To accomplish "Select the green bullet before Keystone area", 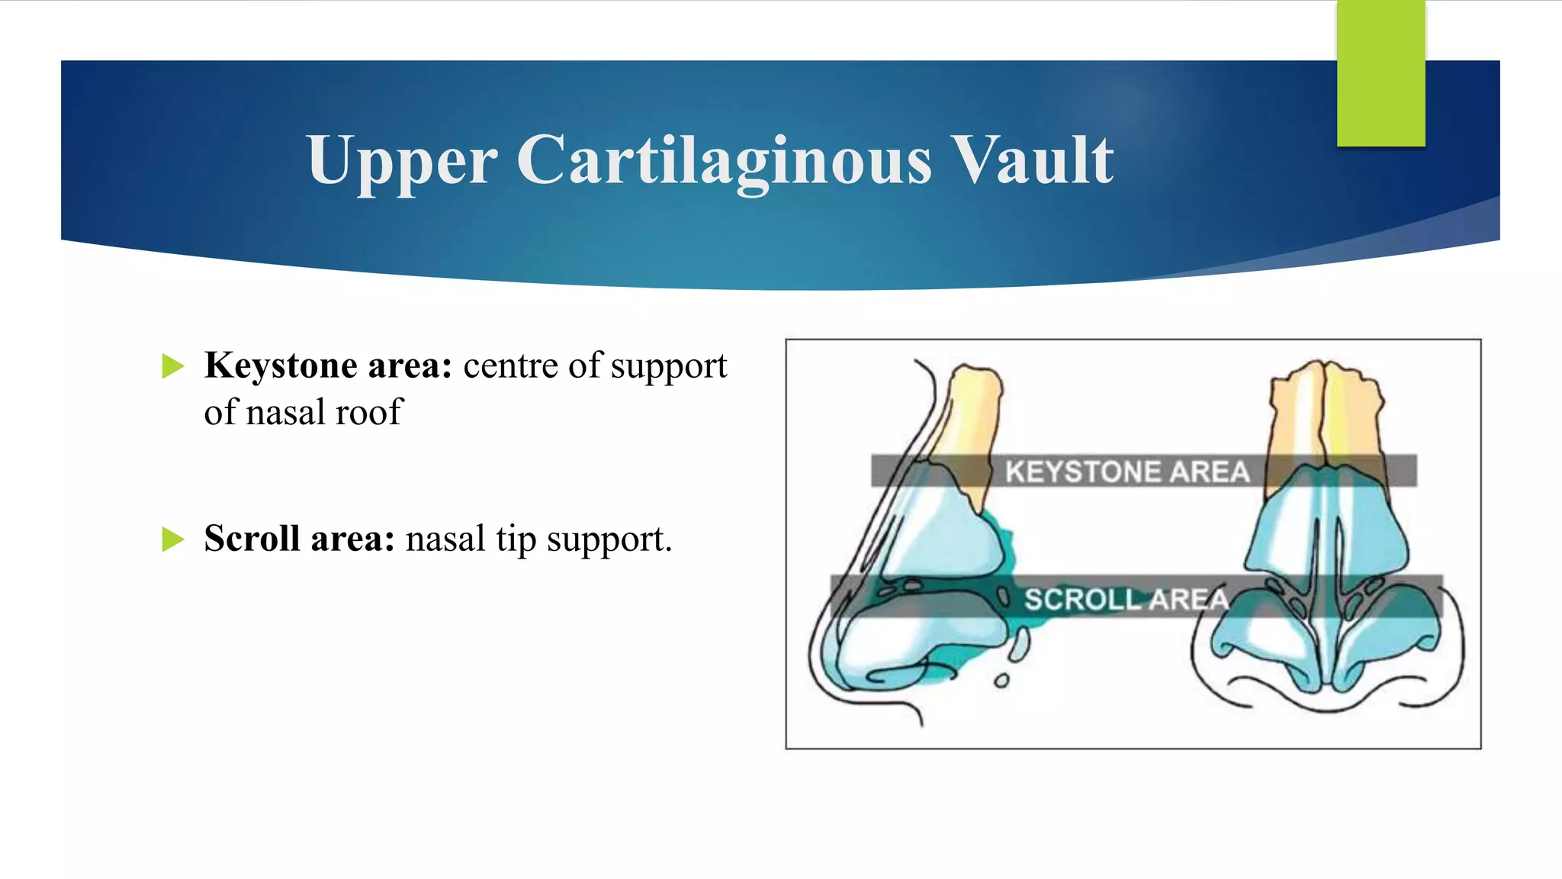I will pos(173,366).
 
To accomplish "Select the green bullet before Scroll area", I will pos(173,539).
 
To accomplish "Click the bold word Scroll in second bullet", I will pos(252,539).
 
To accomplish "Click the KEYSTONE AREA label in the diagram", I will pos(1127,472).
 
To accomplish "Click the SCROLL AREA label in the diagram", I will pos(1126,600).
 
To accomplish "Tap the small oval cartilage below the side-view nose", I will pos(1001,681).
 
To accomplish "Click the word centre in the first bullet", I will pos(510,366).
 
